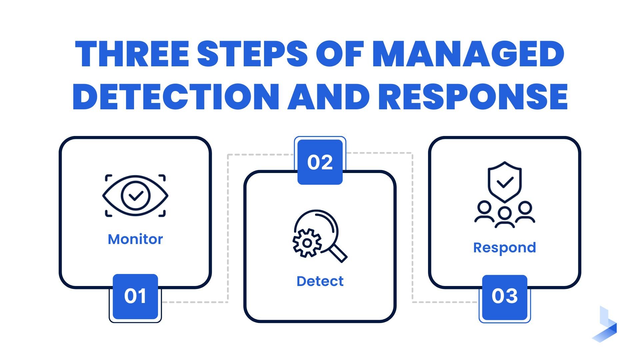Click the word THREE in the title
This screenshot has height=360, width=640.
(x=132, y=54)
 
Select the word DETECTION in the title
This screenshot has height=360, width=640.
(x=175, y=96)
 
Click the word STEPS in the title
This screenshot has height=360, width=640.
(x=252, y=54)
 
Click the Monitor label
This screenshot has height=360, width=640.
(x=135, y=239)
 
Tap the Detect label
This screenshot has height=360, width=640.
(x=320, y=281)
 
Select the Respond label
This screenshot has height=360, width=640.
(x=505, y=248)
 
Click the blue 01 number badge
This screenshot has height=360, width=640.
(x=135, y=296)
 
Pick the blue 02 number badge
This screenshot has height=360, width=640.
(x=320, y=162)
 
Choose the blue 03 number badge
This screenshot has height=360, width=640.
(x=505, y=296)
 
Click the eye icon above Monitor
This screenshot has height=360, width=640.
(x=135, y=196)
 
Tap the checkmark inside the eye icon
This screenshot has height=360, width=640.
(x=136, y=196)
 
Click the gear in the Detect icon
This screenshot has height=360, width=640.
(x=307, y=243)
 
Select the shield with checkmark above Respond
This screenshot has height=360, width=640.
(x=505, y=182)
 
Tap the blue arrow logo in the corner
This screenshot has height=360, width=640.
(x=605, y=325)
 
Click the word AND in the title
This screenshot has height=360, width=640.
(x=328, y=96)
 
